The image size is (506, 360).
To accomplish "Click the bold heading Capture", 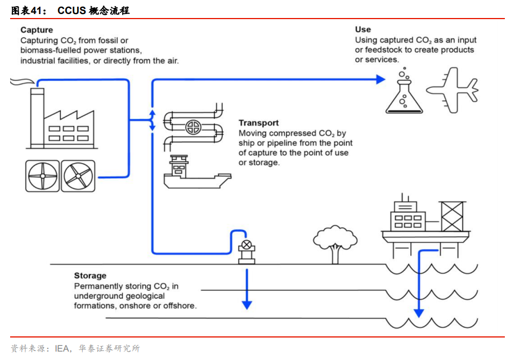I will [37, 30].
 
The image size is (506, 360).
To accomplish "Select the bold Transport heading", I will [258, 123].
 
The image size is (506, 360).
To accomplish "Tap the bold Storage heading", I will [90, 276].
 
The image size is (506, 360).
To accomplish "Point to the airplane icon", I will [452, 89].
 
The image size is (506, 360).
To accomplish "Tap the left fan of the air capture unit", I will [42, 175].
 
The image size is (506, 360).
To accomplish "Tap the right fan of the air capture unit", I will [78, 175].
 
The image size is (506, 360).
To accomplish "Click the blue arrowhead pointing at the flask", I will [381, 79].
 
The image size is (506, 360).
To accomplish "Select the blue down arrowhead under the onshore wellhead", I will [247, 304].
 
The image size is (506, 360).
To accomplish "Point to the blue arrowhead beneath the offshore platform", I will [418, 313].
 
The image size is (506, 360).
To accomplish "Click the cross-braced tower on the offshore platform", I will [451, 217].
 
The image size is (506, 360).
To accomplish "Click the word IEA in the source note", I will [62, 349].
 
